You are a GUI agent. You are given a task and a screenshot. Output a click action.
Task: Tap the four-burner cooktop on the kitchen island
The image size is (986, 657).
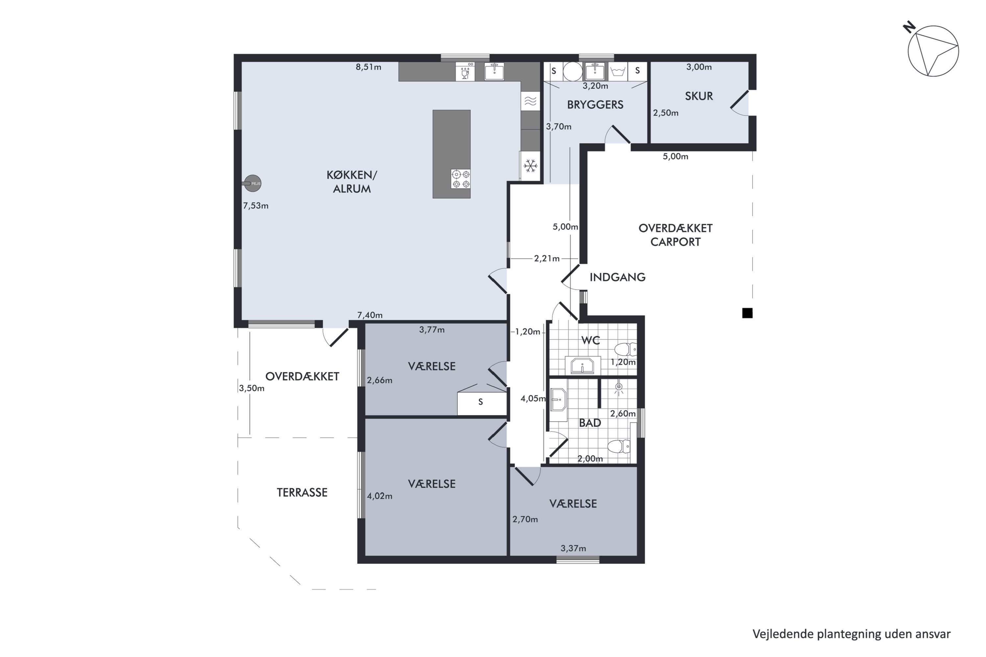pyautogui.click(x=460, y=178)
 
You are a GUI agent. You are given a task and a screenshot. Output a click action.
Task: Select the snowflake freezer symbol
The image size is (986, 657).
pyautogui.click(x=530, y=166)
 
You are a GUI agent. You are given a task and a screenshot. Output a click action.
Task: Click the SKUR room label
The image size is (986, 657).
pyautogui.click(x=699, y=96)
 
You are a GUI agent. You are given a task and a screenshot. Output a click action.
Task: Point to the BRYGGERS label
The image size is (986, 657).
pyautogui.click(x=595, y=105)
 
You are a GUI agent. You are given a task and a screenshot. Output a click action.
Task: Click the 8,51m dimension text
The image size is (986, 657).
pyautogui.click(x=368, y=67)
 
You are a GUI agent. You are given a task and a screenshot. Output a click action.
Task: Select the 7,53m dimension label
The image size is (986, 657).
pyautogui.click(x=256, y=206)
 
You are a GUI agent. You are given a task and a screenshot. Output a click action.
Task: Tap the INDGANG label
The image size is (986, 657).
pyautogui.click(x=618, y=277)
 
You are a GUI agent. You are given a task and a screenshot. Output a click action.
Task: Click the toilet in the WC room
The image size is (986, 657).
pyautogui.click(x=625, y=349)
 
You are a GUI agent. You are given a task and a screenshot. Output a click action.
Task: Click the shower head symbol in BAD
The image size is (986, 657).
pyautogui.click(x=619, y=388)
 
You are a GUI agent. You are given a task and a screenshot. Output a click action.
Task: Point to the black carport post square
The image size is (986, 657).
pyautogui.click(x=747, y=313)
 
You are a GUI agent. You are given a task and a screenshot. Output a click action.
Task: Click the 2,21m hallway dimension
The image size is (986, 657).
pyautogui.click(x=547, y=259)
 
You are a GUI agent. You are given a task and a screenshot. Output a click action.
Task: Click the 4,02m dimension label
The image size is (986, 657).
pyautogui.click(x=380, y=496)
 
